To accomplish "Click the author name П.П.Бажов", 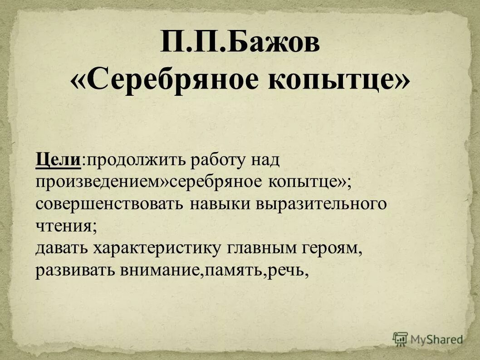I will (240, 44).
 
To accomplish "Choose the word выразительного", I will (321, 204).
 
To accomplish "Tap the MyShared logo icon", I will (400, 339).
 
